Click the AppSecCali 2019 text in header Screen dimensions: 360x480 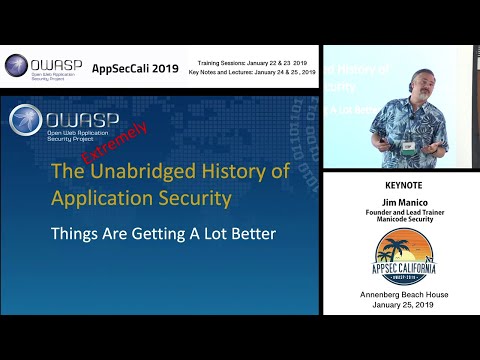136,69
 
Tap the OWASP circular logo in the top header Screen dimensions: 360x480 17,67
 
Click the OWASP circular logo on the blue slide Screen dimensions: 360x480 26,120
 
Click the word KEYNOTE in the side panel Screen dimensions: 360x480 399,185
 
